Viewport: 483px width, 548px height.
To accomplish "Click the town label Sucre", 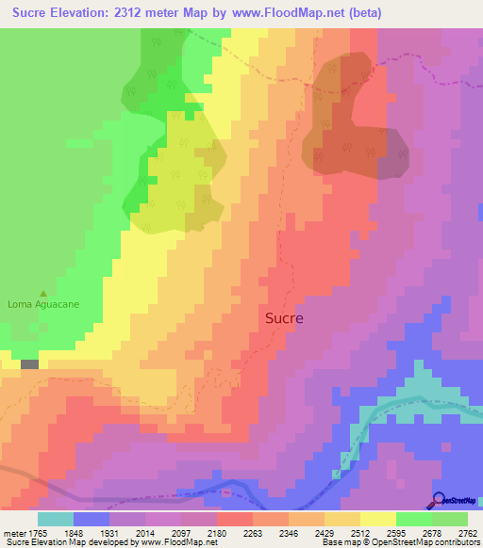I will point(283,318).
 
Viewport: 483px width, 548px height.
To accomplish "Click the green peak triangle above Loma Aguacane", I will point(42,293).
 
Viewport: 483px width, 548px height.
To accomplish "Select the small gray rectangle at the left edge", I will point(30,363).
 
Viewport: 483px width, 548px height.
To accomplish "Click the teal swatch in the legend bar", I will point(55,519).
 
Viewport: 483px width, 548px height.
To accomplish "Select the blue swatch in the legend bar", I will point(92,519).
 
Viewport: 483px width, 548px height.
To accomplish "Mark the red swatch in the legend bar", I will point(235,519).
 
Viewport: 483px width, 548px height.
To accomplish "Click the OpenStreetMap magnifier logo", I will point(440,500).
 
